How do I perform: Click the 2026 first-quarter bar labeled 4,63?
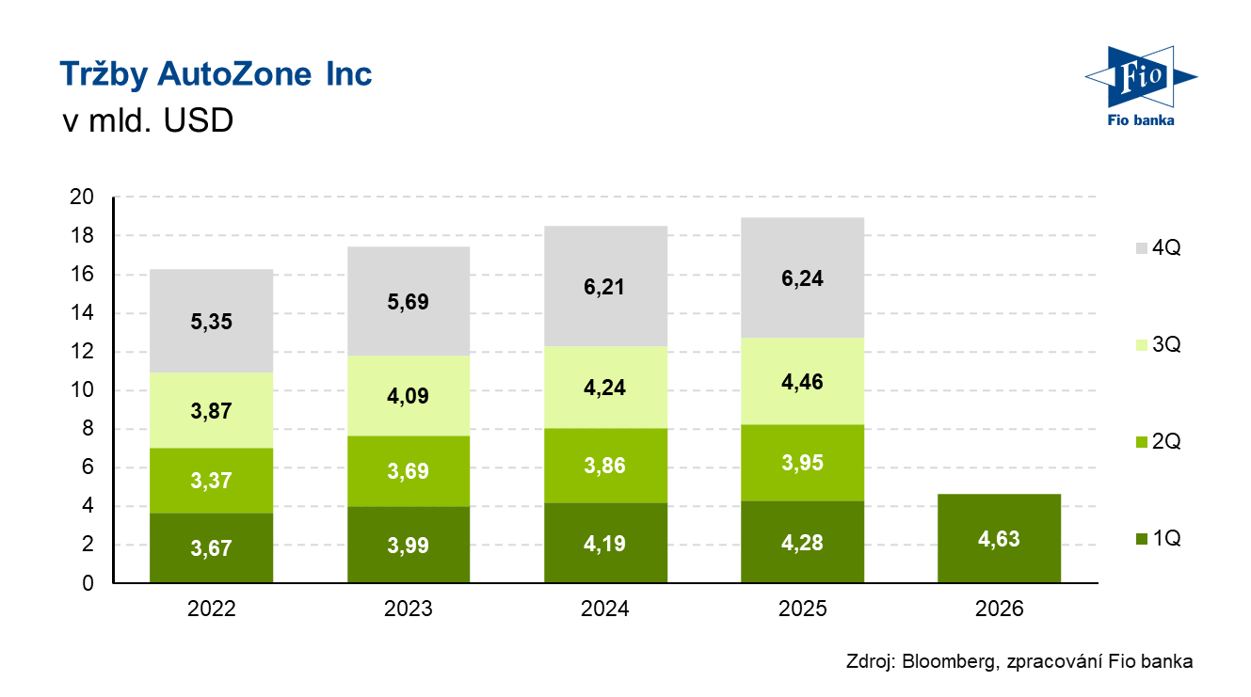[1000, 539]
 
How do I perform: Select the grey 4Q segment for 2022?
[211, 321]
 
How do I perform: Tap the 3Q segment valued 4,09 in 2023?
[408, 396]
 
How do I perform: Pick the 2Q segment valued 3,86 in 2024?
[605, 466]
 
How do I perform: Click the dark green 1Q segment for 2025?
[803, 542]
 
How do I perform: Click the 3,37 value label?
[211, 482]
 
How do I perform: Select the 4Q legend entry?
[1158, 248]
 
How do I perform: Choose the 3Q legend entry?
[1158, 345]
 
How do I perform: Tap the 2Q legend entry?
[1158, 442]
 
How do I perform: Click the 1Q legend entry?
[1158, 539]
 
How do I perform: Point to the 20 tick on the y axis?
[83, 198]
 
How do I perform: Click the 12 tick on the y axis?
[83, 352]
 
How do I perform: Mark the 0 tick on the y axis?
[88, 583]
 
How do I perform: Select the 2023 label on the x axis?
[408, 610]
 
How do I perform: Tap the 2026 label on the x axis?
[1000, 610]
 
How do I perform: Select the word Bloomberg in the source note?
[946, 661]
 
